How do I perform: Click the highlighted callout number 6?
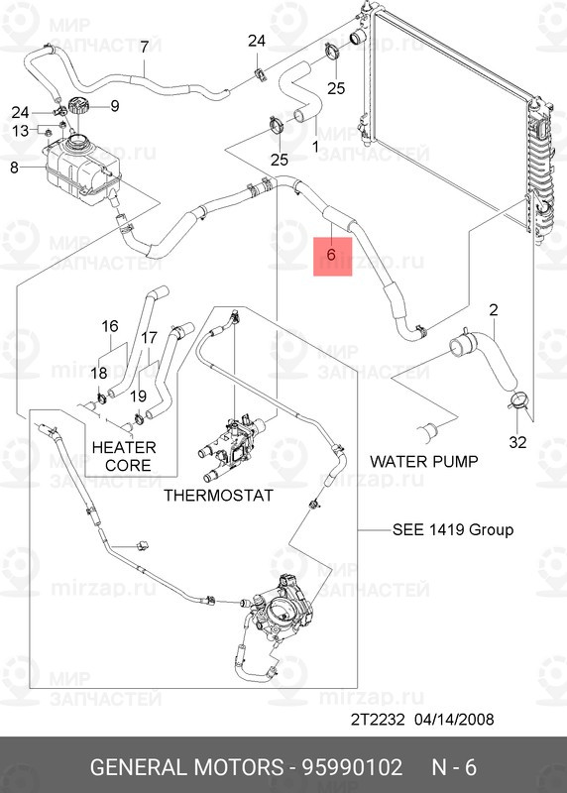[x=332, y=255]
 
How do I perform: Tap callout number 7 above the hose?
[x=144, y=47]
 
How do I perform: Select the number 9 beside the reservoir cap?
[x=115, y=106]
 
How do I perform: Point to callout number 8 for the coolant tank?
[x=14, y=167]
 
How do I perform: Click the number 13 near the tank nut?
[x=20, y=131]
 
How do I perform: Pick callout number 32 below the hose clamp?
[x=517, y=442]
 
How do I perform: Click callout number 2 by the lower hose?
[x=494, y=309]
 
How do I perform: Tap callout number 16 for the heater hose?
[x=110, y=326]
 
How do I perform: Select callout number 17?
[x=150, y=337]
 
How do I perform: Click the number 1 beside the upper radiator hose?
[x=315, y=147]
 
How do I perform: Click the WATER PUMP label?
[x=424, y=461]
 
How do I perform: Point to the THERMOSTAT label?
[x=218, y=495]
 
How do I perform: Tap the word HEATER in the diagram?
[x=124, y=448]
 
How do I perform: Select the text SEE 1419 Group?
[x=453, y=530]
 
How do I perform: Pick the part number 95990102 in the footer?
[x=352, y=767]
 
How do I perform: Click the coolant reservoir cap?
[x=78, y=107]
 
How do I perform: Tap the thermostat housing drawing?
[x=231, y=448]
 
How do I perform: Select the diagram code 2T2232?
[x=378, y=720]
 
